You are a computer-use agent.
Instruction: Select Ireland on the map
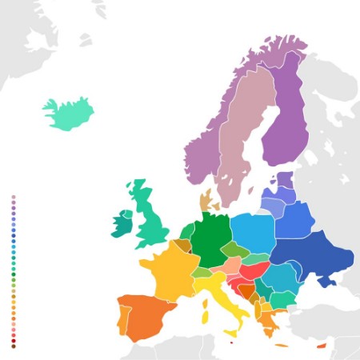(122, 223)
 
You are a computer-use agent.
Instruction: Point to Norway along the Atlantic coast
(204, 148)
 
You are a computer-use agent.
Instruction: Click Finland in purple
(284, 120)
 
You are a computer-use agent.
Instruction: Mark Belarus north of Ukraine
(294, 218)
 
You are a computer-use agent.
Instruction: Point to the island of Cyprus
(322, 346)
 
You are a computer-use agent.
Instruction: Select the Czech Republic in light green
(234, 250)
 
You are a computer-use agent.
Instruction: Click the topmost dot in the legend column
(13, 197)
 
